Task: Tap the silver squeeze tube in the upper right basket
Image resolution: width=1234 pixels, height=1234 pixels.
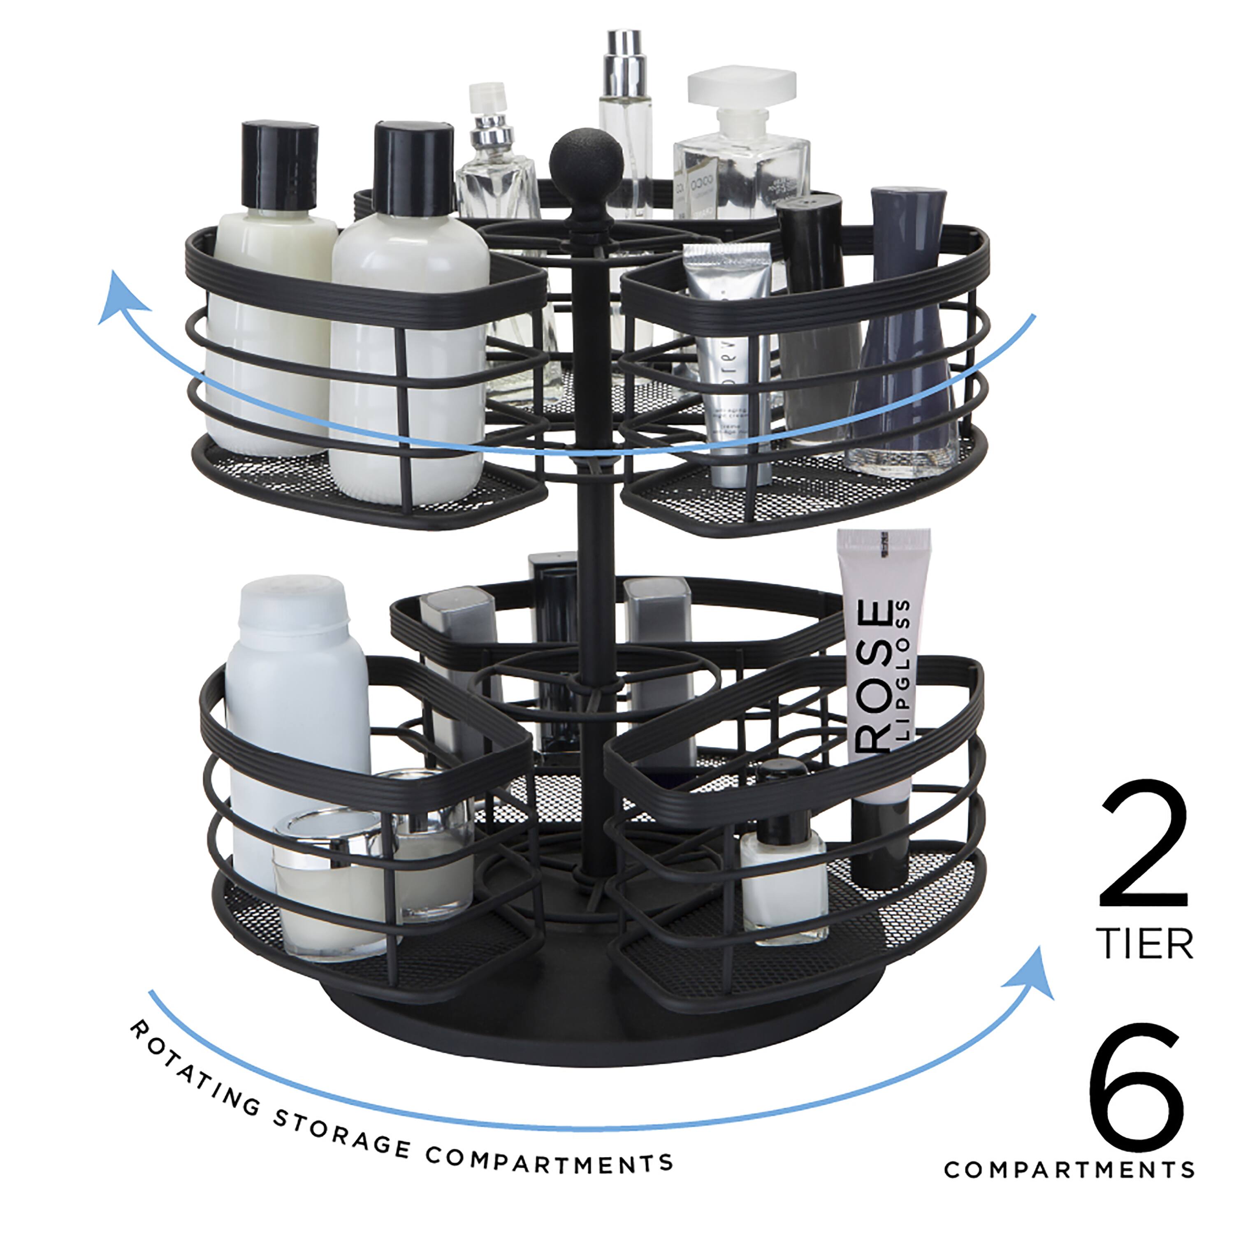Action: point(728,358)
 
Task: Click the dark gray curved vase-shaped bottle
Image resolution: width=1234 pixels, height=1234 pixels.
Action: point(904,332)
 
